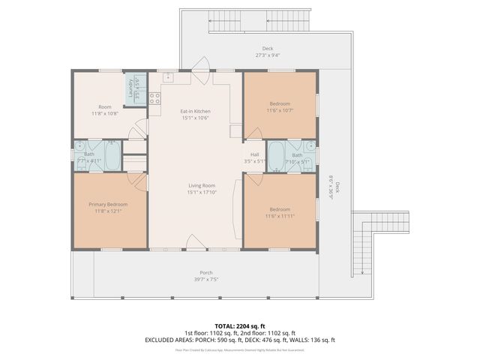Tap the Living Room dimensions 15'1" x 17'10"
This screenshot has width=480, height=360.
coord(201,193)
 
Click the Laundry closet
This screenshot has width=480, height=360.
coord(135,90)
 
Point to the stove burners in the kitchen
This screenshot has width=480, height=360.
coord(155,97)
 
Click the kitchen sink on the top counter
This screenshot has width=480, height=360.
coord(168,77)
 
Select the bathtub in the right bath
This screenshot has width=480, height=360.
coord(276,157)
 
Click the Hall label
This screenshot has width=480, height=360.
coord(255,154)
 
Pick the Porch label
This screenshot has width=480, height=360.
coord(205,272)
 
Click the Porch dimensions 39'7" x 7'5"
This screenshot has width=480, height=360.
coord(205,279)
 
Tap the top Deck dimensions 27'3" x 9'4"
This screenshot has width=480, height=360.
coord(268,55)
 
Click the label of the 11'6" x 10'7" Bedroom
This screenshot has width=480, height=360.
coord(280,103)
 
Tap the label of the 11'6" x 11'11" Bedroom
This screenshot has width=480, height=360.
coord(280,209)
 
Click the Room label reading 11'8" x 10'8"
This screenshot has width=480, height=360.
coord(105,107)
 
